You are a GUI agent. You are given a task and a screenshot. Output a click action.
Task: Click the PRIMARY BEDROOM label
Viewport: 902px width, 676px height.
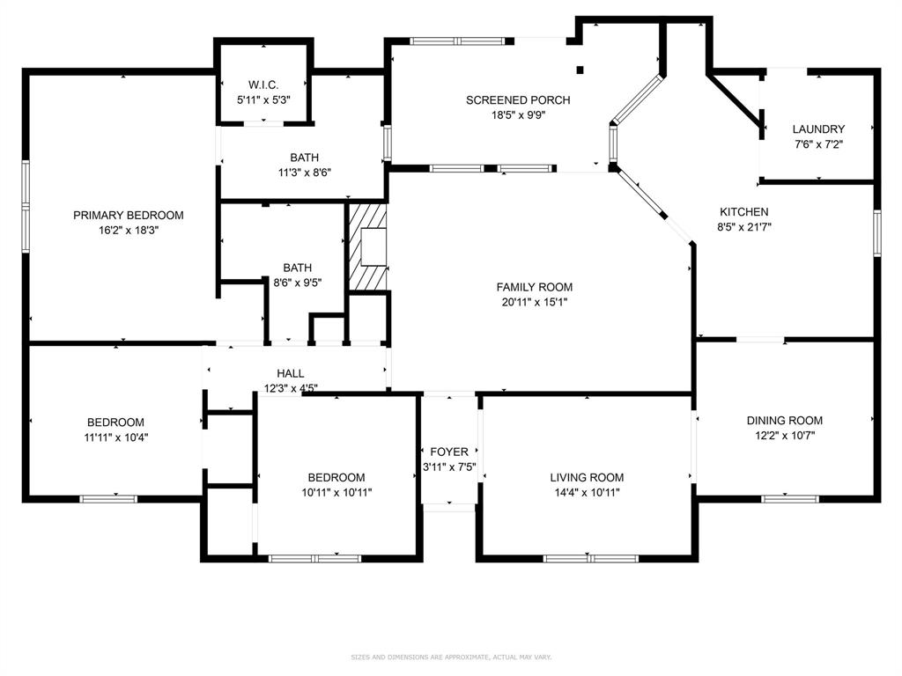[129, 216]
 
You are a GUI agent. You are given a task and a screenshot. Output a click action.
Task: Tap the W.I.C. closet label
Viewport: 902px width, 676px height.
[263, 85]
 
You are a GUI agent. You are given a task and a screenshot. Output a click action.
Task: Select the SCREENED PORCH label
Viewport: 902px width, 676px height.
[518, 100]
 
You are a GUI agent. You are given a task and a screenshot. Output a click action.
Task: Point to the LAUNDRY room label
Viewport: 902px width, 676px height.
[818, 129]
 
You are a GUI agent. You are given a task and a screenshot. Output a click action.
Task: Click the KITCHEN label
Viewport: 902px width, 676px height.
[743, 212]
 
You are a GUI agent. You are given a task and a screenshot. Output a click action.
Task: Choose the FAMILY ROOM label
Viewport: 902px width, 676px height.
[535, 287]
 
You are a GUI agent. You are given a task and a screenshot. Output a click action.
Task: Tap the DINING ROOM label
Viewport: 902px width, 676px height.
[785, 420]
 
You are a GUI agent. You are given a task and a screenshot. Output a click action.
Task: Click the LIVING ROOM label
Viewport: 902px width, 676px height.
[587, 477]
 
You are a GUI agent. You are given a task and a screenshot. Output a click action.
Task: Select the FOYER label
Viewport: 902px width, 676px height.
[449, 452]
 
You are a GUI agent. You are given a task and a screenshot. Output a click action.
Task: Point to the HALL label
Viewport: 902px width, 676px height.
[291, 373]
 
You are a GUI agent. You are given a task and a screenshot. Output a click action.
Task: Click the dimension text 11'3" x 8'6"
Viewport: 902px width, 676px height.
[305, 173]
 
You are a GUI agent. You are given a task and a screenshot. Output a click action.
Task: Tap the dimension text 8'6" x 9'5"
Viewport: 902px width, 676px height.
[298, 283]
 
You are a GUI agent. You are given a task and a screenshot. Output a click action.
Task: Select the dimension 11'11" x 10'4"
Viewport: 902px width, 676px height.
[116, 437]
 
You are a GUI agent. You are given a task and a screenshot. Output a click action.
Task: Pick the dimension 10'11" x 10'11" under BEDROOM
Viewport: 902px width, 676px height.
[336, 493]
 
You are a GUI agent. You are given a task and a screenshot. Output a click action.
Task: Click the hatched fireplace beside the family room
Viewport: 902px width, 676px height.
[367, 247]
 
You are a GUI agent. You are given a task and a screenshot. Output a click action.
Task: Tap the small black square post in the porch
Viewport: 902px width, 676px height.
[580, 70]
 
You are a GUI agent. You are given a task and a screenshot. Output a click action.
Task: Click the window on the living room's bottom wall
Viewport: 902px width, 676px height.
[591, 558]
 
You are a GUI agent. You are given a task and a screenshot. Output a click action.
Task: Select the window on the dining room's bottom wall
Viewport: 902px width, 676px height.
[790, 498]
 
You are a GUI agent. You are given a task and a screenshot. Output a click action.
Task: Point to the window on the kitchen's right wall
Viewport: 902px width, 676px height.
[876, 233]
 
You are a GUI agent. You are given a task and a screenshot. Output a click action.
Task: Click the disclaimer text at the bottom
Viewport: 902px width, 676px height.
[451, 657]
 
